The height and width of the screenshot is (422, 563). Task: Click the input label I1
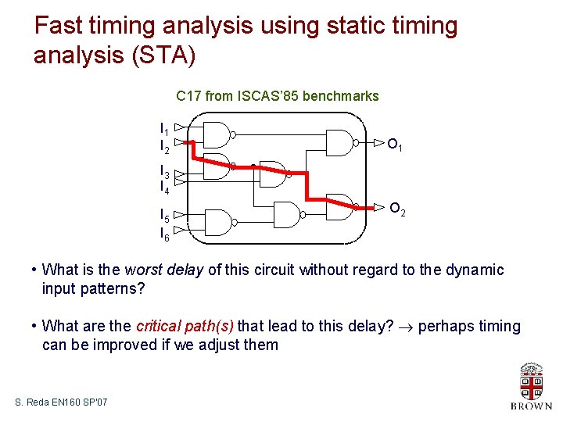tap(164, 129)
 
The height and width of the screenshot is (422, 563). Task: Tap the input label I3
tap(164, 170)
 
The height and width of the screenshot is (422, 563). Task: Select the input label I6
tap(164, 233)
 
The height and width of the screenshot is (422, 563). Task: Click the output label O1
tap(396, 145)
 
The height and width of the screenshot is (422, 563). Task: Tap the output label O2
tap(397, 209)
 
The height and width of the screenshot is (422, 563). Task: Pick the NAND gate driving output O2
tap(340, 206)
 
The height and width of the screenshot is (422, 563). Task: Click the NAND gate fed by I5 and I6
tap(217, 223)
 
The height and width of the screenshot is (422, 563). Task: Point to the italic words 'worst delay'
tap(163, 270)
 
